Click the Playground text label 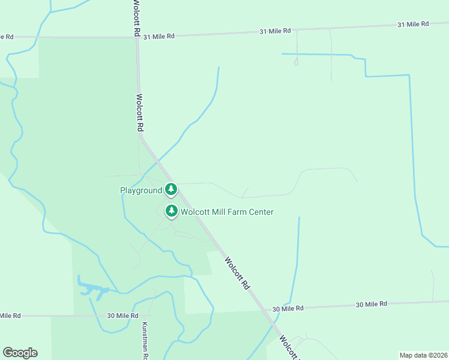(x=141, y=190)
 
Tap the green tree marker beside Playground (x=171, y=190)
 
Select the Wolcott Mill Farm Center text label (x=227, y=212)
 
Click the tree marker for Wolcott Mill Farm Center (x=172, y=211)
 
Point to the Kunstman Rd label (x=145, y=341)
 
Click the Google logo (x=20, y=353)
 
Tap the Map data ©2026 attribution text (x=423, y=355)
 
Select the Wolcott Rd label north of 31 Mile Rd (x=136, y=18)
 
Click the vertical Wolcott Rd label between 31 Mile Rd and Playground (x=140, y=113)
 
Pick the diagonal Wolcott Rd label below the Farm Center (x=237, y=274)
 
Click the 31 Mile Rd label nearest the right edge (x=413, y=24)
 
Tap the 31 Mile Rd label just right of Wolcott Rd (x=158, y=36)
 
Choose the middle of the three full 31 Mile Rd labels (x=276, y=31)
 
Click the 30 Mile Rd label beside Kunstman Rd (x=122, y=316)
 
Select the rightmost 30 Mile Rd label (x=372, y=305)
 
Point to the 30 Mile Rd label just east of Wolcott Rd (x=288, y=308)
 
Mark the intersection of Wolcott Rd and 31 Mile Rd (x=137, y=37)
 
